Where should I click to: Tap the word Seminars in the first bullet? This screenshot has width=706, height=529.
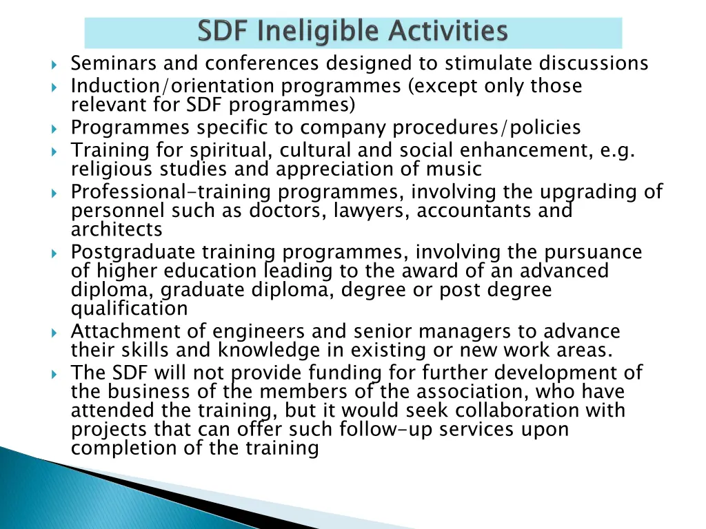114,63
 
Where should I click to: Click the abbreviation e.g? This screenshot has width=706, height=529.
616,150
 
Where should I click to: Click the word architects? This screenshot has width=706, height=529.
117,229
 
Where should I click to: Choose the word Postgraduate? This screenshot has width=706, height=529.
132,252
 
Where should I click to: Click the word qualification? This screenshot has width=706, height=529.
129,308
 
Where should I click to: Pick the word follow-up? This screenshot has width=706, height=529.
385,429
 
